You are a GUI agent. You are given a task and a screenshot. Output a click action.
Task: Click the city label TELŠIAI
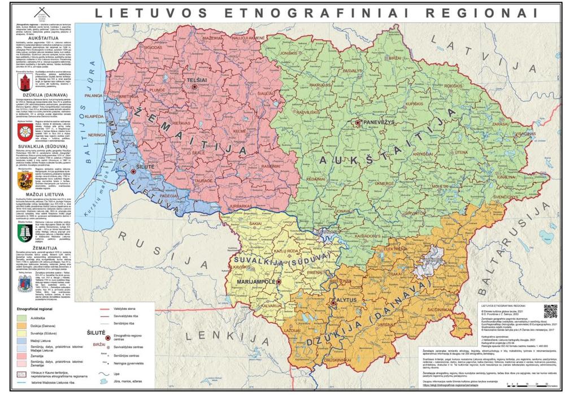pos(197,80)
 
